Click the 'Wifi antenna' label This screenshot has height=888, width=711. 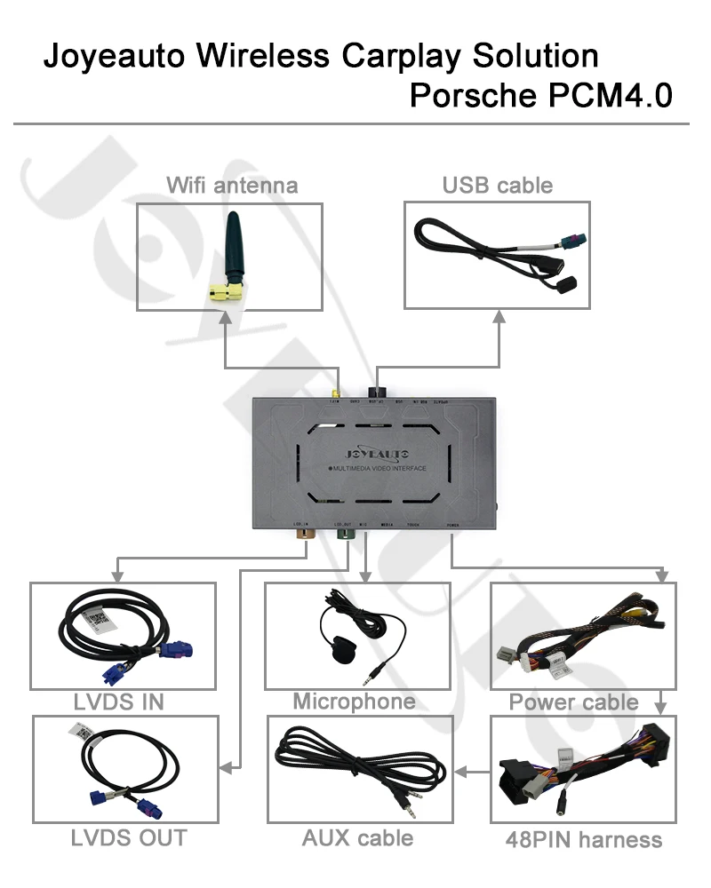tap(232, 186)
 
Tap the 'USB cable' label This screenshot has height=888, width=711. tap(497, 186)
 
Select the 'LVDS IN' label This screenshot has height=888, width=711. tap(119, 702)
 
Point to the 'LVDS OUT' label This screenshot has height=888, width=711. tap(129, 836)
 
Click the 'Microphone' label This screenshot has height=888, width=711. tap(354, 702)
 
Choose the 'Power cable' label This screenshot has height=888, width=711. tap(573, 702)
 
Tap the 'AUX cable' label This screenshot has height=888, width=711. tap(357, 836)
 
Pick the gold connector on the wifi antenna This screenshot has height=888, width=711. tap(222, 290)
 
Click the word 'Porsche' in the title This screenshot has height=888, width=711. tap(471, 95)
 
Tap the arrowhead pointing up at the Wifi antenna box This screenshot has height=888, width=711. tap(225, 317)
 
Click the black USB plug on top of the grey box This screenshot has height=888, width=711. tap(380, 392)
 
